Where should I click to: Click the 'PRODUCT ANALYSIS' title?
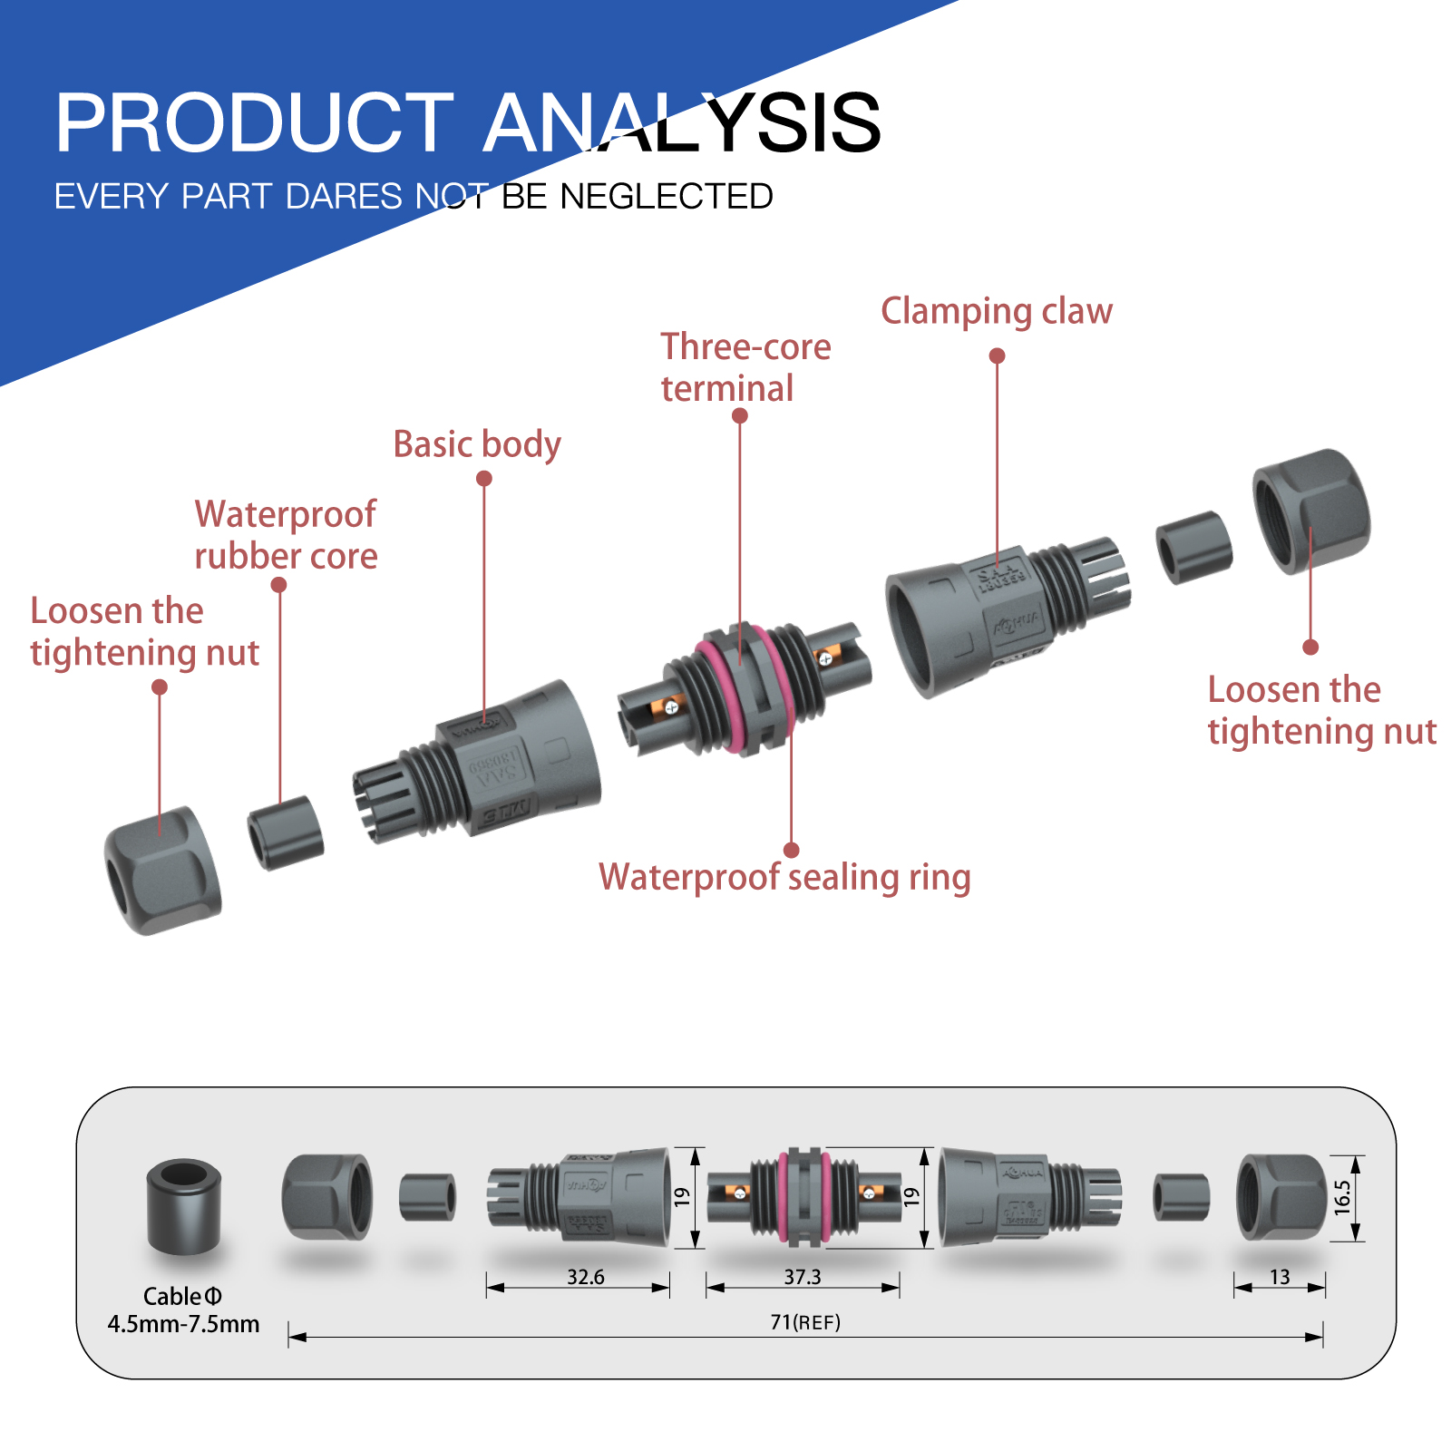click(x=467, y=122)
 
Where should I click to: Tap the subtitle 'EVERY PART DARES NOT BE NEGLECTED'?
click(x=414, y=197)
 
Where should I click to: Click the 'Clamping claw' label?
click(x=996, y=311)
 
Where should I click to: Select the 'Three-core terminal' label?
click(x=745, y=367)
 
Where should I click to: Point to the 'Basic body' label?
click(x=477, y=444)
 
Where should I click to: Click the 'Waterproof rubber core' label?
click(x=286, y=535)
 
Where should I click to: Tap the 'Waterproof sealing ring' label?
click(x=784, y=877)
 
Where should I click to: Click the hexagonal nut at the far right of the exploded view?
click(x=1311, y=510)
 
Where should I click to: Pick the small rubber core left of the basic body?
click(x=286, y=833)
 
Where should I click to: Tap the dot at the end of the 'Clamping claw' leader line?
click(x=997, y=355)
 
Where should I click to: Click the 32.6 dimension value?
click(x=586, y=1277)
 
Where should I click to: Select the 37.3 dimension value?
click(x=803, y=1277)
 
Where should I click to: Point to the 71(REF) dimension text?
click(x=805, y=1322)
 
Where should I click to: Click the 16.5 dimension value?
click(x=1342, y=1197)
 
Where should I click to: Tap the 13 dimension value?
click(x=1280, y=1277)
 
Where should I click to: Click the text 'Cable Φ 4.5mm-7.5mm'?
click(x=183, y=1310)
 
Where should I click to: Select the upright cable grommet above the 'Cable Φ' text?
click(x=184, y=1206)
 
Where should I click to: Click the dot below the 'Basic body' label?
click(x=484, y=478)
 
